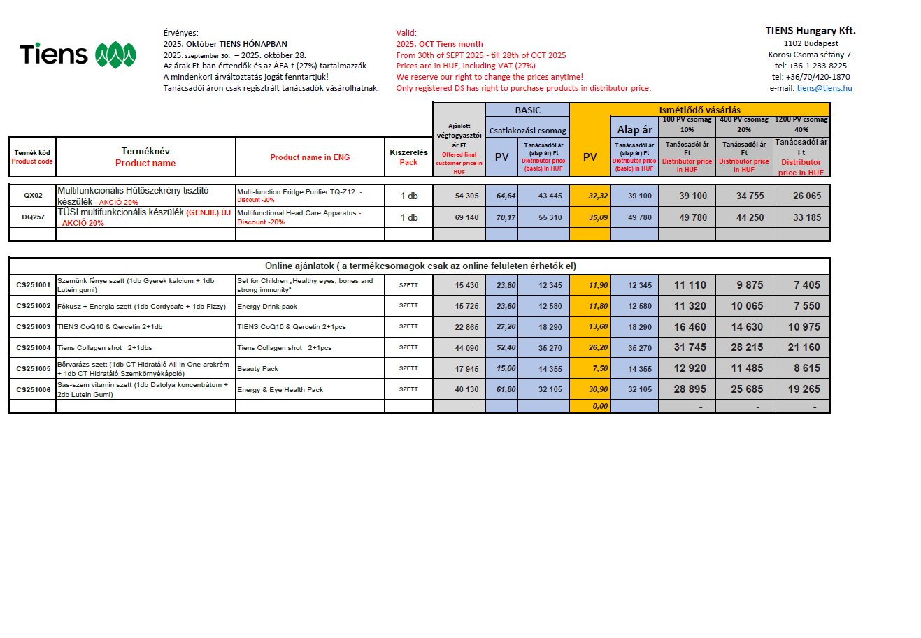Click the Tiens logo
click(x=77, y=55)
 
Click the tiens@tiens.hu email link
click(x=824, y=88)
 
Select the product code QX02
click(x=33, y=196)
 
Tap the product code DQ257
click(x=33, y=217)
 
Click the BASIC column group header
click(x=527, y=110)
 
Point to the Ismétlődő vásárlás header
click(x=699, y=110)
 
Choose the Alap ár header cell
click(x=634, y=129)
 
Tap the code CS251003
click(x=34, y=326)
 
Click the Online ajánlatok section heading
click(x=420, y=266)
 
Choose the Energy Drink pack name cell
click(x=267, y=306)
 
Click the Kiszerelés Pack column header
click(x=408, y=157)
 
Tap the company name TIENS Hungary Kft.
click(x=810, y=31)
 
